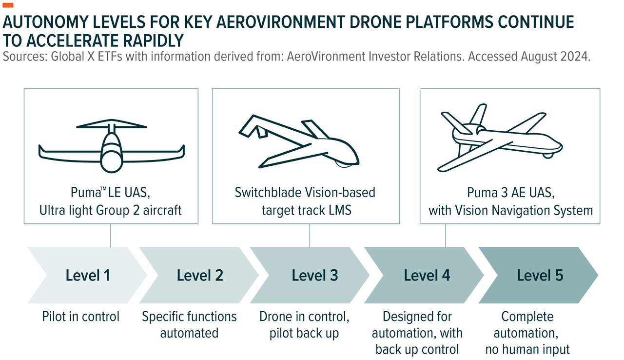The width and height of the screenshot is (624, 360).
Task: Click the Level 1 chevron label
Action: pyautogui.click(x=88, y=276)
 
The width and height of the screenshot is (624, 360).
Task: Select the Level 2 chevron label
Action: pyautogui.click(x=200, y=276)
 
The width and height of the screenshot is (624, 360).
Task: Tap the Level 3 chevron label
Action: pyautogui.click(x=314, y=276)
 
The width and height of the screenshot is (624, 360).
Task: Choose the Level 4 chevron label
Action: pyautogui.click(x=427, y=276)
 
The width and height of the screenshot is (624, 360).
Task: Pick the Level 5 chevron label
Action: pyautogui.click(x=540, y=276)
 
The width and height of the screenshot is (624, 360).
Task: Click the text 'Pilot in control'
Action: pyautogui.click(x=80, y=317)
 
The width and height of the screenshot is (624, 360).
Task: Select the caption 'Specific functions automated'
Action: pyautogui.click(x=189, y=325)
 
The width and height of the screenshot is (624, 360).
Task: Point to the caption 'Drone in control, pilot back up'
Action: pyautogui.click(x=304, y=325)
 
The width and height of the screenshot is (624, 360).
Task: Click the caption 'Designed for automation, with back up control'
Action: pyautogui.click(x=417, y=333)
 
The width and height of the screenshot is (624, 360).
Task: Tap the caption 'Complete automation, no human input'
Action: pyautogui.click(x=527, y=333)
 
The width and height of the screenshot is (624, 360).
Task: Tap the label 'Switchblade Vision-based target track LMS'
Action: pyautogui.click(x=305, y=201)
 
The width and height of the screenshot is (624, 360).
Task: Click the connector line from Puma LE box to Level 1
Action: pyautogui.click(x=111, y=235)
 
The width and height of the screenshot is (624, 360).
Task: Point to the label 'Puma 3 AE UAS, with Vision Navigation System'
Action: pyautogui.click(x=510, y=201)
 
